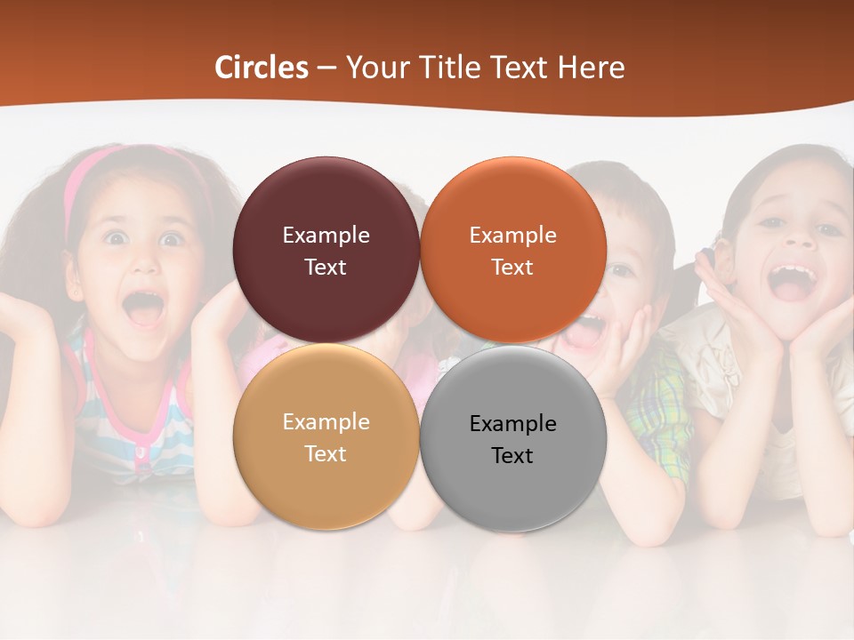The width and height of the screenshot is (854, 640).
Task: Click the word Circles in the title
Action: [262, 68]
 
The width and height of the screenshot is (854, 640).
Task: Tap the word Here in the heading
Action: [591, 68]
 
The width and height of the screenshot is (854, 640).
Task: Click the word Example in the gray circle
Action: [512, 424]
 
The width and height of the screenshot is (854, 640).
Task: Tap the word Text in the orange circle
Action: [512, 268]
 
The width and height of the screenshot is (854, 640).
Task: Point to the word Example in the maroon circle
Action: [326, 236]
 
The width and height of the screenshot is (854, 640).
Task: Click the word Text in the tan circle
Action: [326, 454]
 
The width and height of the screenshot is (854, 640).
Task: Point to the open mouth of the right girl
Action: [793, 281]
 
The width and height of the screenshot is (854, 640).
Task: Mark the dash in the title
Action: [326, 68]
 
